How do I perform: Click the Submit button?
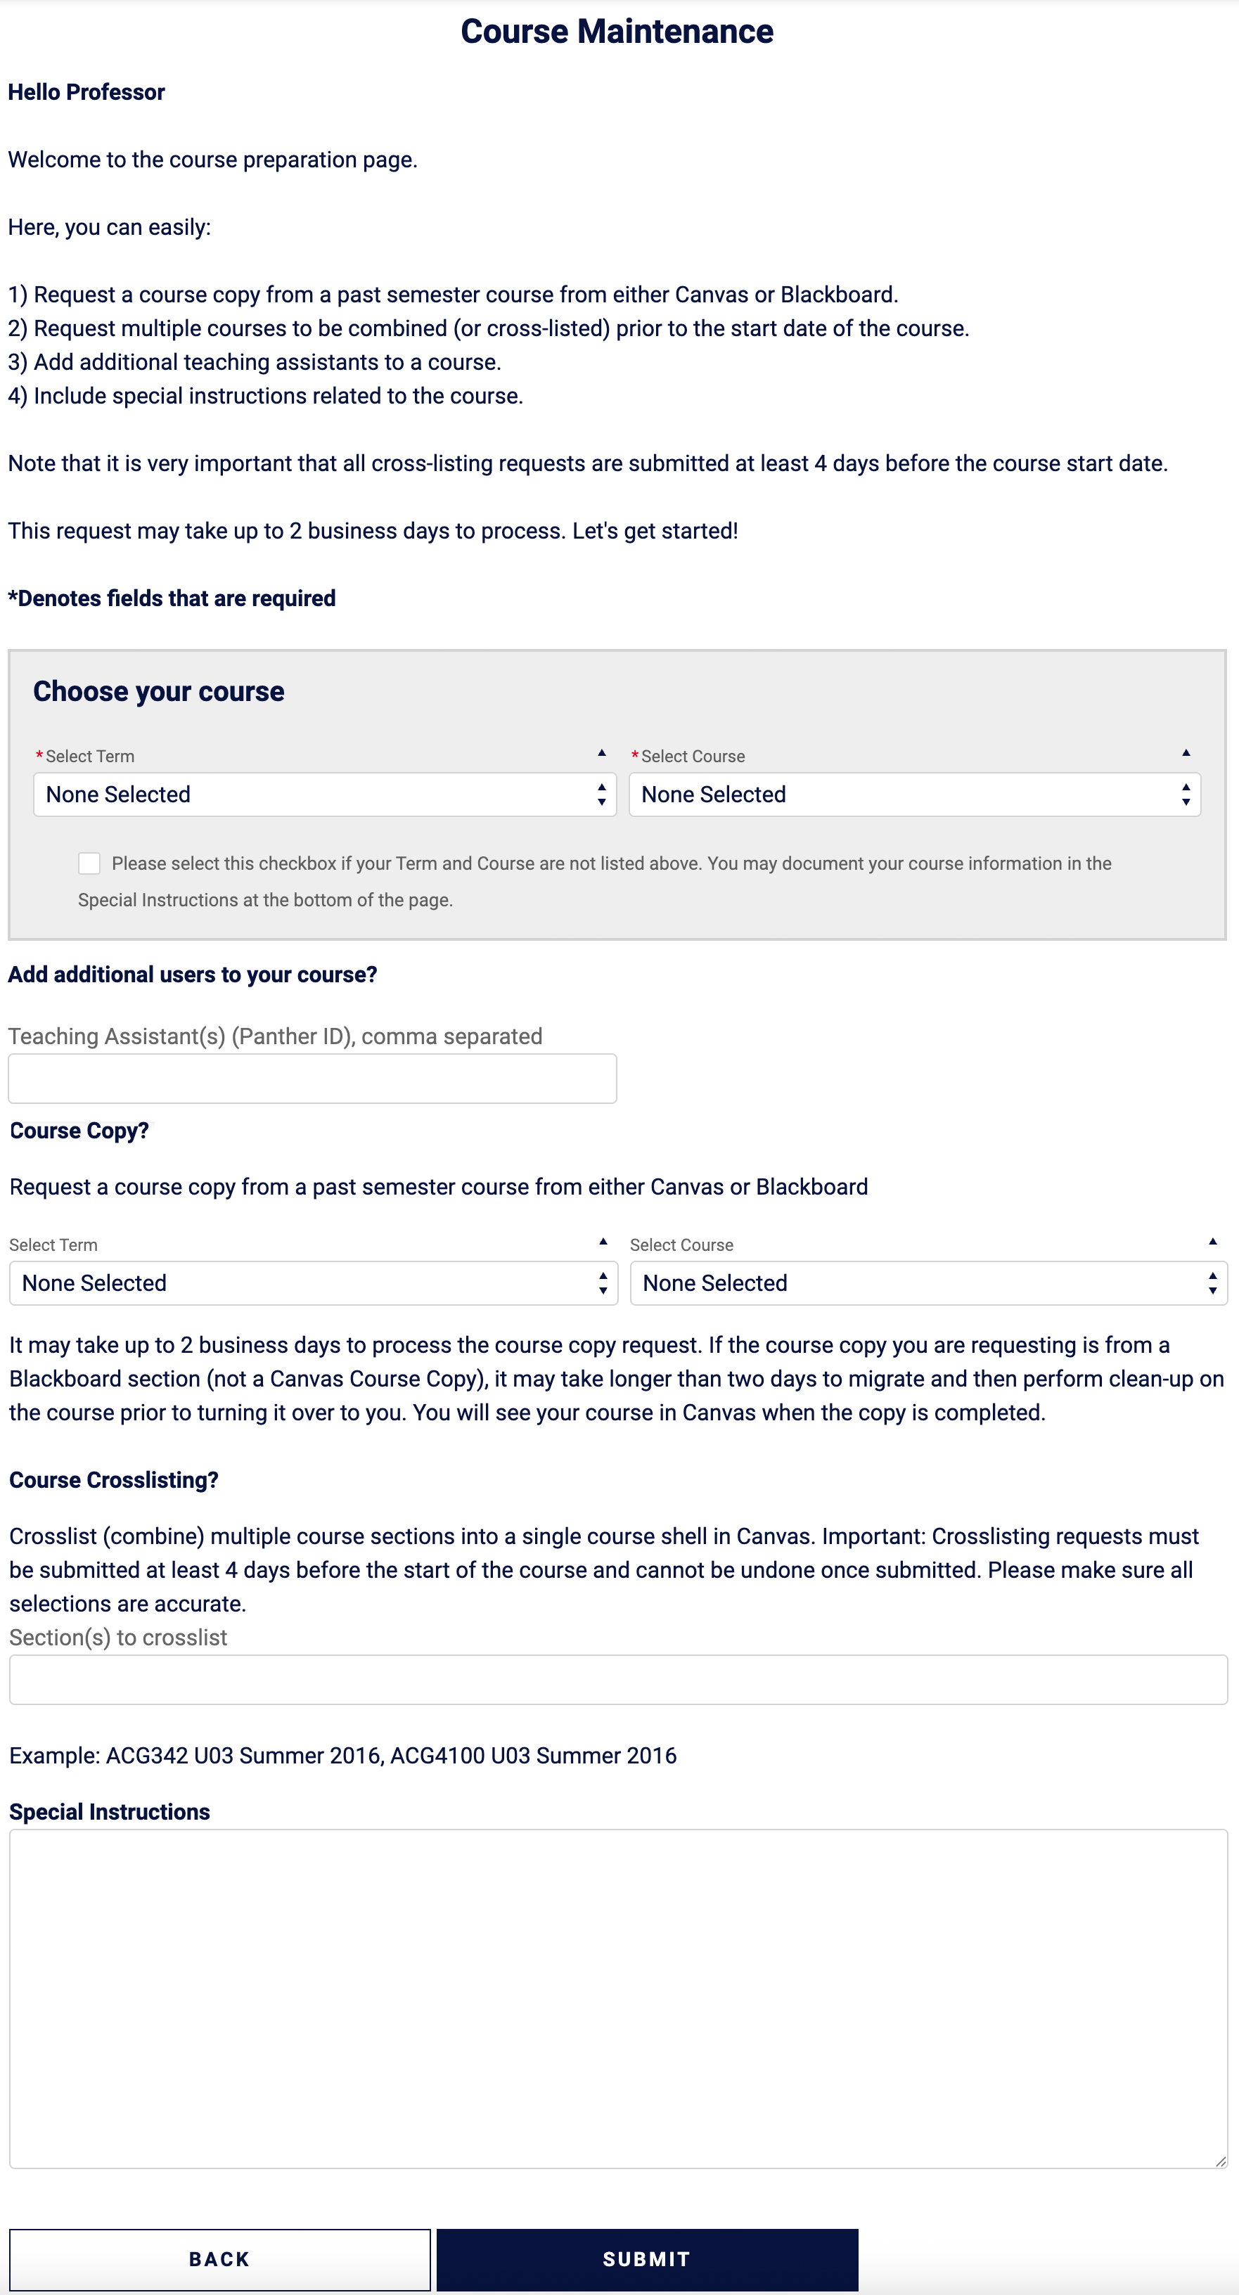pos(647,2258)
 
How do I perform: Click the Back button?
pos(219,2258)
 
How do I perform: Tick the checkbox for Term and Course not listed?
pos(89,863)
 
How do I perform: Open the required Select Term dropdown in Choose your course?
pos(324,794)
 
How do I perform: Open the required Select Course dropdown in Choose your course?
pos(914,794)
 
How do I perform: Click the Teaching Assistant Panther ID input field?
pos(312,1078)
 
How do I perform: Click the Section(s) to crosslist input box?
pos(617,1679)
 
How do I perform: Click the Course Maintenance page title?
pos(617,31)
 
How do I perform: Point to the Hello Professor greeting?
pos(86,92)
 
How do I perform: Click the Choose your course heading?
pos(158,691)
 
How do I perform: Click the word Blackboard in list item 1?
pos(837,295)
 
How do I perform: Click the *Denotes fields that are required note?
pos(172,598)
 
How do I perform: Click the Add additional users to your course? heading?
pos(193,974)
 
